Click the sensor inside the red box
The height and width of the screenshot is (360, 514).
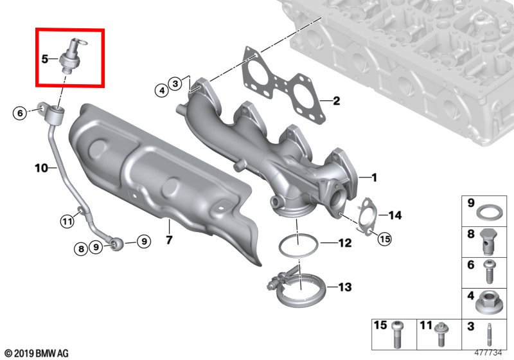click(x=72, y=55)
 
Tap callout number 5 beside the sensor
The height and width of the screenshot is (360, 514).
click(x=45, y=59)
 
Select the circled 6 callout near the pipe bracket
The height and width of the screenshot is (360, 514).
click(x=21, y=113)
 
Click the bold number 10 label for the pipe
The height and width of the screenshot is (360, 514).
click(x=41, y=168)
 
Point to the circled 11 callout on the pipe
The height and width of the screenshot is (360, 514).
click(x=67, y=222)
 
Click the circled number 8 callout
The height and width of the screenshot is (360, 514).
click(x=81, y=249)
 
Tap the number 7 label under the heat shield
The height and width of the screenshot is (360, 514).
click(x=169, y=240)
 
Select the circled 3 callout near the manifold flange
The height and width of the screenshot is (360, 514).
click(x=175, y=84)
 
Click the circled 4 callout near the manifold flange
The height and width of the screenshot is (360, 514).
click(x=162, y=90)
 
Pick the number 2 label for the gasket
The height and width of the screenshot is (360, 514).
click(x=336, y=101)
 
